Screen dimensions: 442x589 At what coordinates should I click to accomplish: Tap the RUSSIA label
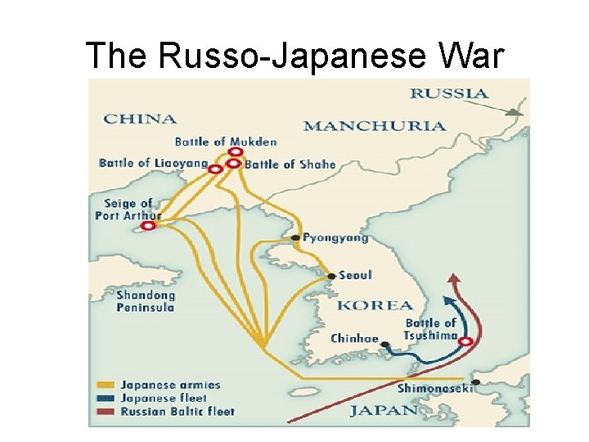(449, 93)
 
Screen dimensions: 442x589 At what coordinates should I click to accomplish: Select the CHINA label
(140, 119)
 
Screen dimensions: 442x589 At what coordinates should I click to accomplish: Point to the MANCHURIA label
(375, 126)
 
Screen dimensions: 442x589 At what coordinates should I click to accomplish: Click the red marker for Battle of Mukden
(236, 151)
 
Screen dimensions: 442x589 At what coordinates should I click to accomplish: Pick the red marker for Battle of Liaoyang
(215, 169)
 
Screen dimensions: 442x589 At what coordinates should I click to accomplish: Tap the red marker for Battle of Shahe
(234, 164)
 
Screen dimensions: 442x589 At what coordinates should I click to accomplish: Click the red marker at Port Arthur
(148, 225)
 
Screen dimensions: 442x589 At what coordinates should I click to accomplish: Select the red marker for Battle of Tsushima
(465, 341)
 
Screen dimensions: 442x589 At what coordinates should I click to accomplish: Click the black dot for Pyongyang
(295, 238)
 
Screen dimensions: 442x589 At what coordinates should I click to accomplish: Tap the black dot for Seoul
(330, 276)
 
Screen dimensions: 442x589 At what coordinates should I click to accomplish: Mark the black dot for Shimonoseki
(475, 382)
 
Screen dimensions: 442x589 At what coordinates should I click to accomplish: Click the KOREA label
(375, 305)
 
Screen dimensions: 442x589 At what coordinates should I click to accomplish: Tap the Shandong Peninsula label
(145, 301)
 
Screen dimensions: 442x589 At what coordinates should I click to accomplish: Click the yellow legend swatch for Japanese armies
(105, 384)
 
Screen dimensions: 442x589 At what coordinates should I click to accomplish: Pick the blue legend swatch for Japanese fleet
(105, 398)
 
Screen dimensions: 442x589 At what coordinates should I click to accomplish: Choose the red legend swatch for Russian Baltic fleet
(105, 412)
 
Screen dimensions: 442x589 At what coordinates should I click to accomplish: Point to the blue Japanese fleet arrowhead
(447, 280)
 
